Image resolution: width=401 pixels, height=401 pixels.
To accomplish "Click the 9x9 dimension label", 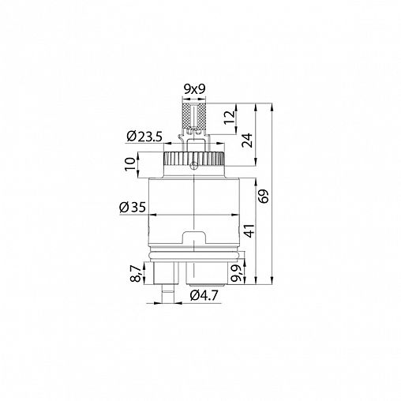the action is (194, 90).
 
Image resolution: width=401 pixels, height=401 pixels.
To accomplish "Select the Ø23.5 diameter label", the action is (144, 137).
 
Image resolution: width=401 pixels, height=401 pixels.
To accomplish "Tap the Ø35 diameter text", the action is (133, 208).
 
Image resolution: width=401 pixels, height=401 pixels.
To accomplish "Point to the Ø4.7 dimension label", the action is (204, 296).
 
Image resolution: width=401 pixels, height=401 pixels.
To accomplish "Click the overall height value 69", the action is (264, 196).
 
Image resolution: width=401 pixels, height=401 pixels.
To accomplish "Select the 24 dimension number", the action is (247, 141).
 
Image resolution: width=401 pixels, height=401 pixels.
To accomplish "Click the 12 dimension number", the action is (229, 118).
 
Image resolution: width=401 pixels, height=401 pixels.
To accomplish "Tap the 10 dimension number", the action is (130, 163).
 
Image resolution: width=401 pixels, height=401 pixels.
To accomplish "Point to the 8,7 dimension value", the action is (136, 273).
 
